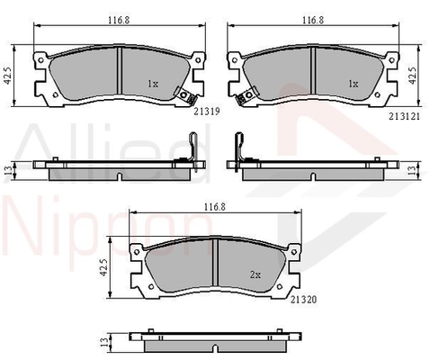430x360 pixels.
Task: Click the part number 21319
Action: pos(207,112)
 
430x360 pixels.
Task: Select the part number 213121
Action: pos(404,116)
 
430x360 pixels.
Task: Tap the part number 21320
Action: pos(303,299)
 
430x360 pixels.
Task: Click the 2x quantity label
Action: pos(255,274)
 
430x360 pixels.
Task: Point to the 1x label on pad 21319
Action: pos(153,84)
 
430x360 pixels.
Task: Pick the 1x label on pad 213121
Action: pos(354,84)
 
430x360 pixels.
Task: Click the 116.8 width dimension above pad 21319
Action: pos(119,20)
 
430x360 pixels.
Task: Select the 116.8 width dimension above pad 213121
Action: pos(313,20)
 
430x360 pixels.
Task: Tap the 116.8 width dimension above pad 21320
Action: pos(215,207)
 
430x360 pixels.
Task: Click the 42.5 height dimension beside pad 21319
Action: pos(8,76)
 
